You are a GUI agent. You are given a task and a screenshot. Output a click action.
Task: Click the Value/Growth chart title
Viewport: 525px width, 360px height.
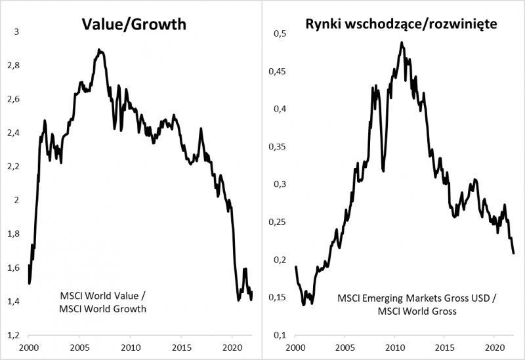pos(134,25)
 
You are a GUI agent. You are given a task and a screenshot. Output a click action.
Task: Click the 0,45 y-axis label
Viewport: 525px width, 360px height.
pos(279,71)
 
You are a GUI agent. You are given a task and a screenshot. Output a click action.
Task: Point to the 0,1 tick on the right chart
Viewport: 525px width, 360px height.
pos(281,335)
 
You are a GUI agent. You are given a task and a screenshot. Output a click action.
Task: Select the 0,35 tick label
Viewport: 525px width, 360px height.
pos(279,146)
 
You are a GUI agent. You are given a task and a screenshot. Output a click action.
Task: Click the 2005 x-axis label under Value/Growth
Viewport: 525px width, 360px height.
pos(79,348)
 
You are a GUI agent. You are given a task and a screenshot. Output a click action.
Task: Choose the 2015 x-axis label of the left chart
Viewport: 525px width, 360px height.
pos(181,348)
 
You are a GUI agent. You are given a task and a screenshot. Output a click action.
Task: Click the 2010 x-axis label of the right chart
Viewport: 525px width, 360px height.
pos(395,348)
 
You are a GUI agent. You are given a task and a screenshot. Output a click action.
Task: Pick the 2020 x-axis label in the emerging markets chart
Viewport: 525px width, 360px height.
pos(495,348)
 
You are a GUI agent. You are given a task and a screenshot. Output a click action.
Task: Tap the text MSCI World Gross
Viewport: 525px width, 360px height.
pos(417,310)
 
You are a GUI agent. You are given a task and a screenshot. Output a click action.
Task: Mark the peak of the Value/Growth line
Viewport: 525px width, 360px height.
pos(98,49)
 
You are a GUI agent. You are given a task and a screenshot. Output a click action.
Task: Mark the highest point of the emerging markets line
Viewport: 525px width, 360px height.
pos(401,43)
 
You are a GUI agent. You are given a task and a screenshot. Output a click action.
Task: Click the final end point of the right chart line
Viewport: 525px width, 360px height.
pos(514,253)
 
